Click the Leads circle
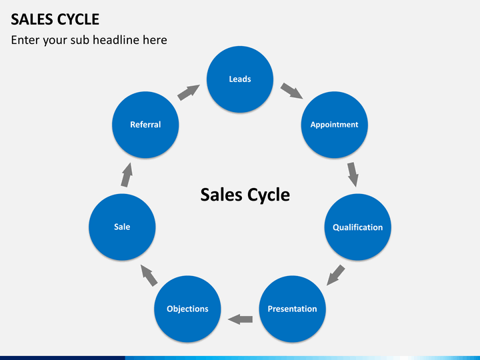click(x=240, y=79)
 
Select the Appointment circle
click(x=334, y=125)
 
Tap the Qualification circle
click(x=357, y=227)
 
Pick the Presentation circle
click(x=293, y=309)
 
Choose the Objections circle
click(x=187, y=309)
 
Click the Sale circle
click(x=122, y=227)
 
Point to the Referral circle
click(x=145, y=125)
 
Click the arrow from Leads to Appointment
click(x=292, y=91)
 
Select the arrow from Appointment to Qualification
click(x=353, y=175)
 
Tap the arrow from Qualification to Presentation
click(x=335, y=275)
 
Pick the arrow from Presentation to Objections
click(x=240, y=319)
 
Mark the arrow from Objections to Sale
click(x=149, y=275)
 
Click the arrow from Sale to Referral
click(x=127, y=175)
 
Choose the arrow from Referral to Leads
click(x=189, y=93)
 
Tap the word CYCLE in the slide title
click(x=78, y=19)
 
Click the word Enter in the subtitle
click(x=25, y=40)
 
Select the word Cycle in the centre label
click(x=269, y=195)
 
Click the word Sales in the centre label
click(x=221, y=195)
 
